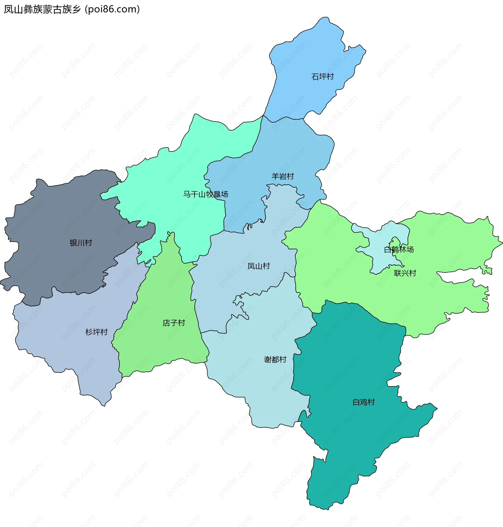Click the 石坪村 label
[x=322, y=77]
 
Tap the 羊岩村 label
[x=283, y=176]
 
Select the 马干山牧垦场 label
[x=205, y=194]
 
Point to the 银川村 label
[x=81, y=243]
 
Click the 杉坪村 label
[x=96, y=332]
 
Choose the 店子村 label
[x=174, y=323]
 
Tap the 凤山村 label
[x=259, y=266]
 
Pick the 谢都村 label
[x=275, y=359]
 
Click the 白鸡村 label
[x=363, y=402]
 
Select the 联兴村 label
[x=405, y=273]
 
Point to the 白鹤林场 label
[x=399, y=249]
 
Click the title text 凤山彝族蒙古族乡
[x=42, y=9]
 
